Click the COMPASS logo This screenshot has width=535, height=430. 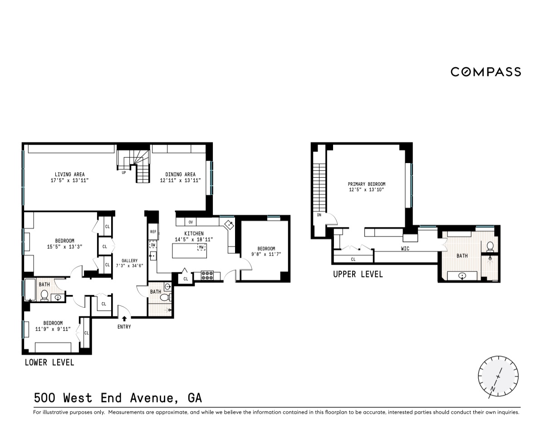pyautogui.click(x=486, y=72)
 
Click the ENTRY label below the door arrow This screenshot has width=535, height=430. pyautogui.click(x=124, y=327)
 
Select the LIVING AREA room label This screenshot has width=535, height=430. pyautogui.click(x=69, y=174)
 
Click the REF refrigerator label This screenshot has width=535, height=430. pyautogui.click(x=153, y=232)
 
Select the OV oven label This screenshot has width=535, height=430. pyautogui.click(x=191, y=222)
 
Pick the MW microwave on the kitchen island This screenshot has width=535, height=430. pyautogui.click(x=201, y=247)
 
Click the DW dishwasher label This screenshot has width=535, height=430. pyautogui.click(x=153, y=245)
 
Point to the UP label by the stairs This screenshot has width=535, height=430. pyautogui.click(x=124, y=172)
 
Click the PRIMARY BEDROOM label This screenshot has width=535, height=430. pyautogui.click(x=367, y=184)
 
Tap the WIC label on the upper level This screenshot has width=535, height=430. pyautogui.click(x=405, y=249)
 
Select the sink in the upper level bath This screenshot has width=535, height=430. pyautogui.click(x=462, y=275)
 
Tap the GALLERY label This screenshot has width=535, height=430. pyautogui.click(x=129, y=261)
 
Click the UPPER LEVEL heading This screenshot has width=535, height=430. pyautogui.click(x=358, y=274)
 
